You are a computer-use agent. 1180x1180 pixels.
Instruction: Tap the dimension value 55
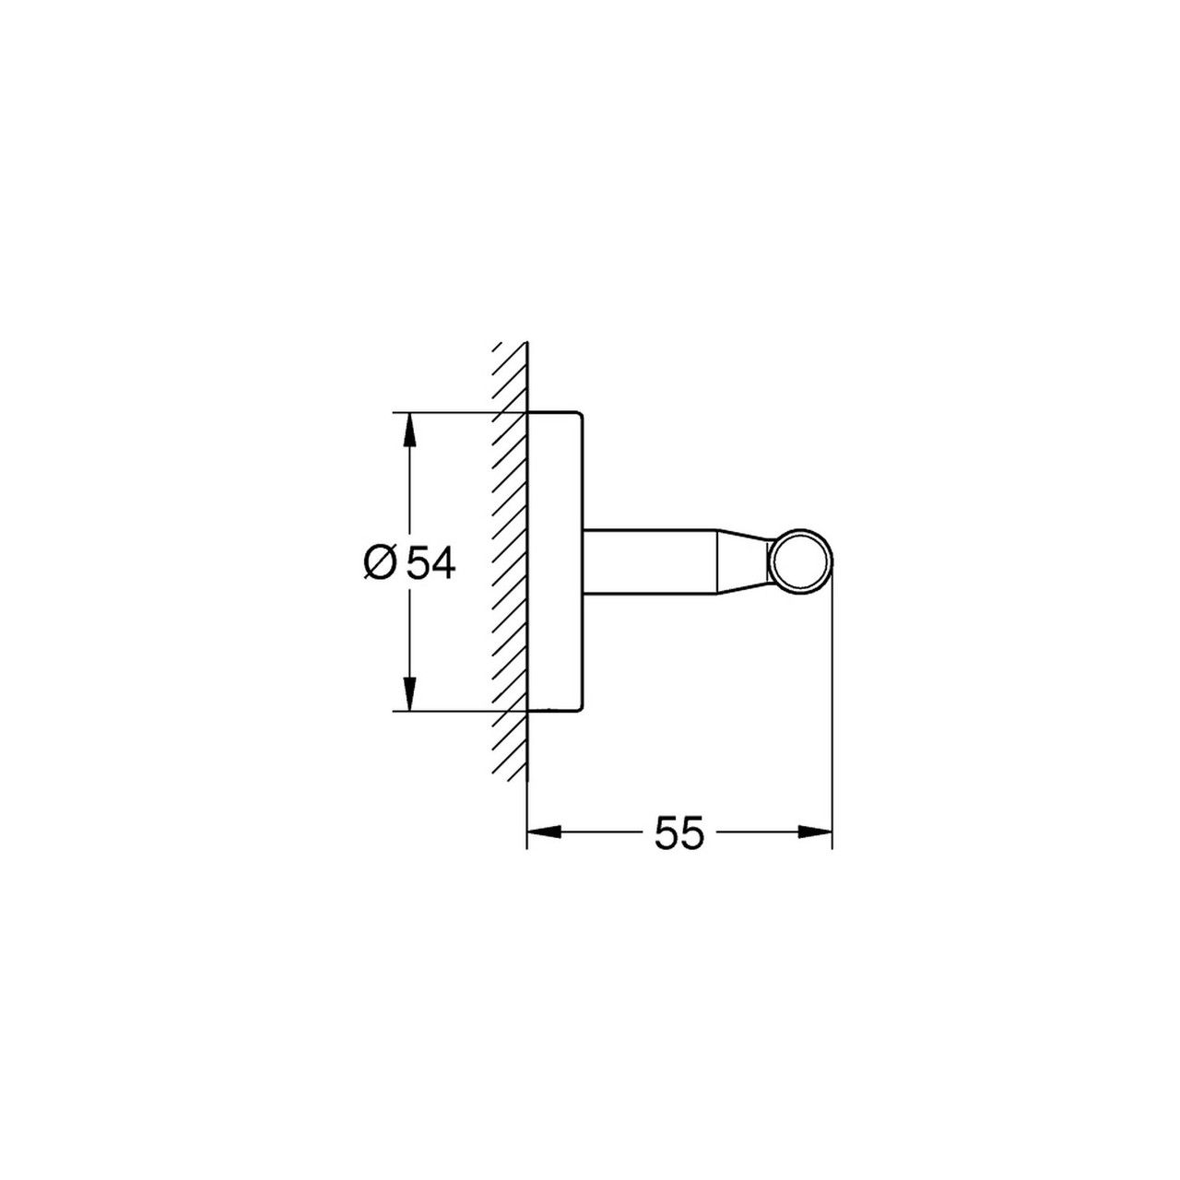pos(679,832)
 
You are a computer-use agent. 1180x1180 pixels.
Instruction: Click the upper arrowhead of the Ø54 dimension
pos(410,430)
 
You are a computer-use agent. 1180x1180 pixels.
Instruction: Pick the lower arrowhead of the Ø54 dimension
pos(410,694)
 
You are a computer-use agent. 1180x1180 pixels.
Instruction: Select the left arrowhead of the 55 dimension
pos(544,832)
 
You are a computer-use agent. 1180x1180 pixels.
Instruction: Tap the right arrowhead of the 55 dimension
pos(814,832)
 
